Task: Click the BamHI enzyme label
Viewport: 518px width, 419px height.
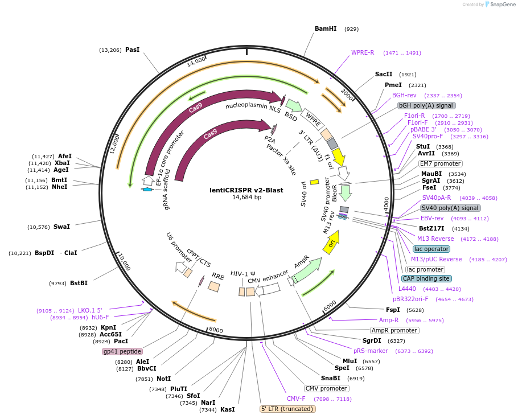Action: pyautogui.click(x=326, y=28)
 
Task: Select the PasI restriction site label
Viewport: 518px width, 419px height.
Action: pyautogui.click(x=132, y=50)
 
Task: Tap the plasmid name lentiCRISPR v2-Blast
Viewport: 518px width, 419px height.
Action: pyautogui.click(x=246, y=190)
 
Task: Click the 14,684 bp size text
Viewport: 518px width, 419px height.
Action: pyautogui.click(x=246, y=198)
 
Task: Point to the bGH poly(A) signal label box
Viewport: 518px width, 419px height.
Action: pyautogui.click(x=426, y=105)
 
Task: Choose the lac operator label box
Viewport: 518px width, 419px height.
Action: pyautogui.click(x=431, y=249)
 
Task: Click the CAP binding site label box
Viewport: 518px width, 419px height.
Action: pyautogui.click(x=426, y=279)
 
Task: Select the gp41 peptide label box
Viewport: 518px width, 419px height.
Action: pyautogui.click(x=122, y=351)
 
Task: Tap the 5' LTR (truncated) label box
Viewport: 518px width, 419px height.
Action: pyautogui.click(x=287, y=409)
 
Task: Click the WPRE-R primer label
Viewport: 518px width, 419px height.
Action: pyautogui.click(x=363, y=52)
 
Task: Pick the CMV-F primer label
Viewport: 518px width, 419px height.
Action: pyautogui.click(x=295, y=399)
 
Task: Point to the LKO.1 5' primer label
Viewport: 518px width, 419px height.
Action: pyautogui.click(x=90, y=310)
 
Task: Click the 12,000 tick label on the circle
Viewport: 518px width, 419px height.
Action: pyautogui.click(x=114, y=145)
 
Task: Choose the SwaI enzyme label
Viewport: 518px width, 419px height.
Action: pyautogui.click(x=61, y=227)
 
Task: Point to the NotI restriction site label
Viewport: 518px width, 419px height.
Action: pyautogui.click(x=163, y=379)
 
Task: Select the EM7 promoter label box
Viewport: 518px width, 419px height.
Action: pyautogui.click(x=441, y=163)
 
